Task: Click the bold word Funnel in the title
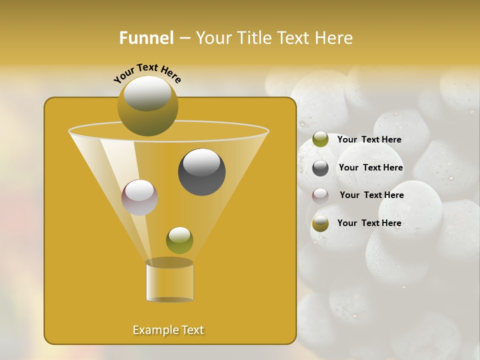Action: click(x=146, y=38)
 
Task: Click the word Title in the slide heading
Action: click(x=255, y=38)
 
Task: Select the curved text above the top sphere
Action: click(x=147, y=72)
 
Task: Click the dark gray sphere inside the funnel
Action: click(x=202, y=172)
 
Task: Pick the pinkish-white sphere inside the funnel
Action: click(x=139, y=197)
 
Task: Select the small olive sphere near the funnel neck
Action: click(x=179, y=240)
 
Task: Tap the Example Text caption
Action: click(x=168, y=330)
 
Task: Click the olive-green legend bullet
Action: click(x=320, y=139)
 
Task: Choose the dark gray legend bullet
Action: click(x=320, y=168)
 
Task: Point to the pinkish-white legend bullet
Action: click(x=320, y=195)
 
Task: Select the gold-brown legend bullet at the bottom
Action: click(x=320, y=223)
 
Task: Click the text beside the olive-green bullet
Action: click(x=369, y=139)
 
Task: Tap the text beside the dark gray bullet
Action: click(x=370, y=167)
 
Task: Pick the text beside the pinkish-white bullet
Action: click(x=371, y=195)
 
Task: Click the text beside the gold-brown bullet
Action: click(x=369, y=223)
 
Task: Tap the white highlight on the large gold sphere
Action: click(x=147, y=93)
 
